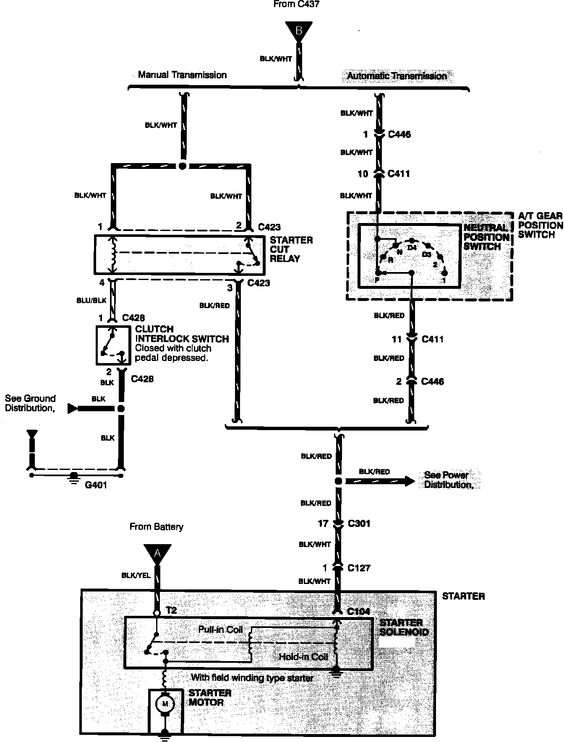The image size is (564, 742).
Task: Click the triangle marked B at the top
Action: click(298, 31)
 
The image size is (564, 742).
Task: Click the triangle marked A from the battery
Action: click(157, 554)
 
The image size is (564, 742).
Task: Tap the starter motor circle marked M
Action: click(165, 703)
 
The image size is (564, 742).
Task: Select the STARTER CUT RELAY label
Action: click(291, 249)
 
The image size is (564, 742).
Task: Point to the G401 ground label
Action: click(96, 485)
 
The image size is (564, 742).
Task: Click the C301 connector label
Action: click(359, 524)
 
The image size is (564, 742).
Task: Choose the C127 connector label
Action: click(359, 568)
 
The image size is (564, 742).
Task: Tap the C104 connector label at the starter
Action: click(359, 612)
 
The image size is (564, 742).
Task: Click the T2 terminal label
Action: click(171, 610)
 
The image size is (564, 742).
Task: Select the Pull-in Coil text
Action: click(220, 630)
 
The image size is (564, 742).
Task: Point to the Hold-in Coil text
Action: click(303, 656)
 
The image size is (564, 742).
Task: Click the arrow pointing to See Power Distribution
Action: click(380, 481)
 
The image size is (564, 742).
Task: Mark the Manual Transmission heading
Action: click(182, 75)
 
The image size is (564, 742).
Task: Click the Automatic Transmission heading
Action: click(397, 76)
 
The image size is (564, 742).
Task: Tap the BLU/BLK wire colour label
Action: click(91, 301)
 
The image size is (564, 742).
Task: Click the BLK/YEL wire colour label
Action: click(136, 576)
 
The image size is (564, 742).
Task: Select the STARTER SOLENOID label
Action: click(404, 628)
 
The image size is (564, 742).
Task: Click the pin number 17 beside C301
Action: click(323, 524)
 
